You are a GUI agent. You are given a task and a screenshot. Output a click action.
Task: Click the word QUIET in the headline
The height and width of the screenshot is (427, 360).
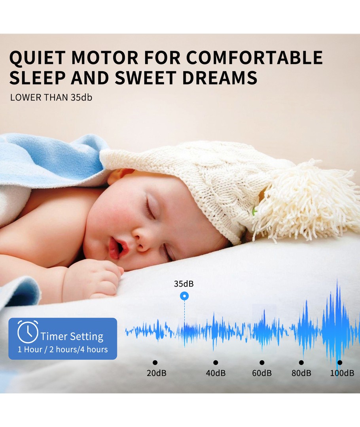37,58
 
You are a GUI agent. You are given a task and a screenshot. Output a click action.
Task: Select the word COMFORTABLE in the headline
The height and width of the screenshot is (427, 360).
254,57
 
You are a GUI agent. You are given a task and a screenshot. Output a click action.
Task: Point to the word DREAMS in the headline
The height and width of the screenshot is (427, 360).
220,77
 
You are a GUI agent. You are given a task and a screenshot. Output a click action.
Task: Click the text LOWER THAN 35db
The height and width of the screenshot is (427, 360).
51,98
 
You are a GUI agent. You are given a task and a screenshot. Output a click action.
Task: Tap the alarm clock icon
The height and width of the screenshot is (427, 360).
28,331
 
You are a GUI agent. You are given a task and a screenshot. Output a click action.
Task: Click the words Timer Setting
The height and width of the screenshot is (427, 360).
72,336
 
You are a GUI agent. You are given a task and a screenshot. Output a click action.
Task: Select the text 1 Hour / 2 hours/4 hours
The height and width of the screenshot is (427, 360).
63,350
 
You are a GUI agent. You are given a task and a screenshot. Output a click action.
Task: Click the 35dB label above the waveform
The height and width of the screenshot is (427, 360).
184,284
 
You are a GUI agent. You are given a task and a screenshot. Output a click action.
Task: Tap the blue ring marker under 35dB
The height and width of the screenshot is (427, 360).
184,296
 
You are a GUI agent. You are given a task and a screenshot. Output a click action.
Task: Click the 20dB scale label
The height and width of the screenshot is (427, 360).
156,373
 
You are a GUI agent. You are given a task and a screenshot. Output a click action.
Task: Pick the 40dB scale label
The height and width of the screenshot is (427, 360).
216,373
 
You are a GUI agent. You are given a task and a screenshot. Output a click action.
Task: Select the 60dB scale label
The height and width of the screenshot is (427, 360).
261,373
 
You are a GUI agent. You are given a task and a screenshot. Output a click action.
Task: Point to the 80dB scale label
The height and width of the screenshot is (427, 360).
301,373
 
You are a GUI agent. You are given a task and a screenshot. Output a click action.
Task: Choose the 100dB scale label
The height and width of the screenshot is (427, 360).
342,373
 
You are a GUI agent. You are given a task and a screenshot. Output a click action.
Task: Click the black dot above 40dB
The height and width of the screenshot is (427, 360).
216,363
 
